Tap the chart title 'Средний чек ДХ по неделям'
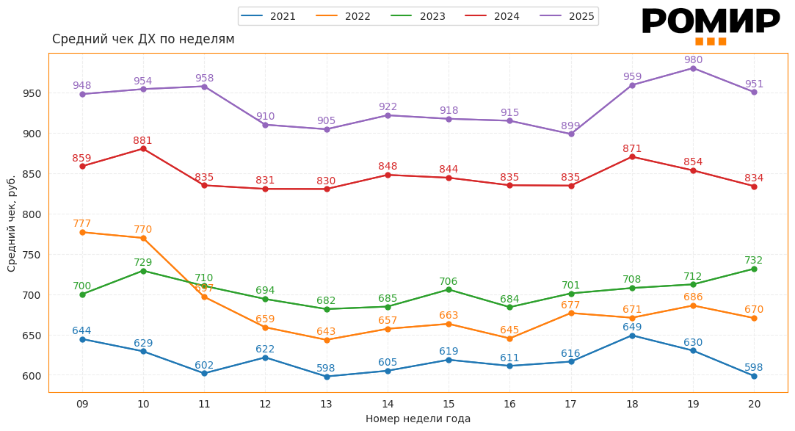(x=143, y=40)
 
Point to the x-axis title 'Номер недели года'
(x=418, y=419)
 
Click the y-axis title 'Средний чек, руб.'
(x=12, y=223)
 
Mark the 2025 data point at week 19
(x=693, y=68)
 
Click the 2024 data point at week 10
(x=143, y=149)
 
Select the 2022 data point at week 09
(x=82, y=232)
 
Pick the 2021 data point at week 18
(x=632, y=336)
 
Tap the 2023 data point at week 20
(x=754, y=269)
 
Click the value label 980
(x=693, y=60)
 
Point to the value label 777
(x=82, y=224)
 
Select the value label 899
(x=570, y=126)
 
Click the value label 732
(x=754, y=261)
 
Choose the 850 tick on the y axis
(x=31, y=174)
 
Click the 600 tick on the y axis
(x=31, y=376)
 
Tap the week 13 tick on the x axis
(x=327, y=404)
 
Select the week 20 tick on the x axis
(x=754, y=404)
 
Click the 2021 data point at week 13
(x=327, y=377)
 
